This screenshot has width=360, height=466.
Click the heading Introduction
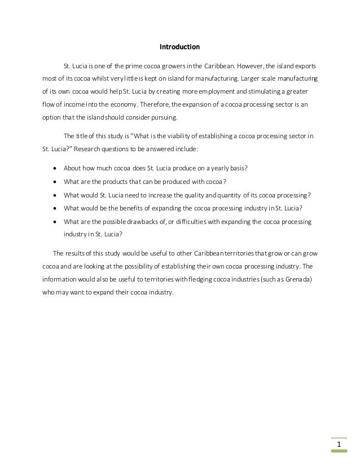click(x=179, y=46)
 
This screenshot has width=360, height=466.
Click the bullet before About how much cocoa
click(x=54, y=169)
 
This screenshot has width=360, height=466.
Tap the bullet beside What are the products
click(x=54, y=182)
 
